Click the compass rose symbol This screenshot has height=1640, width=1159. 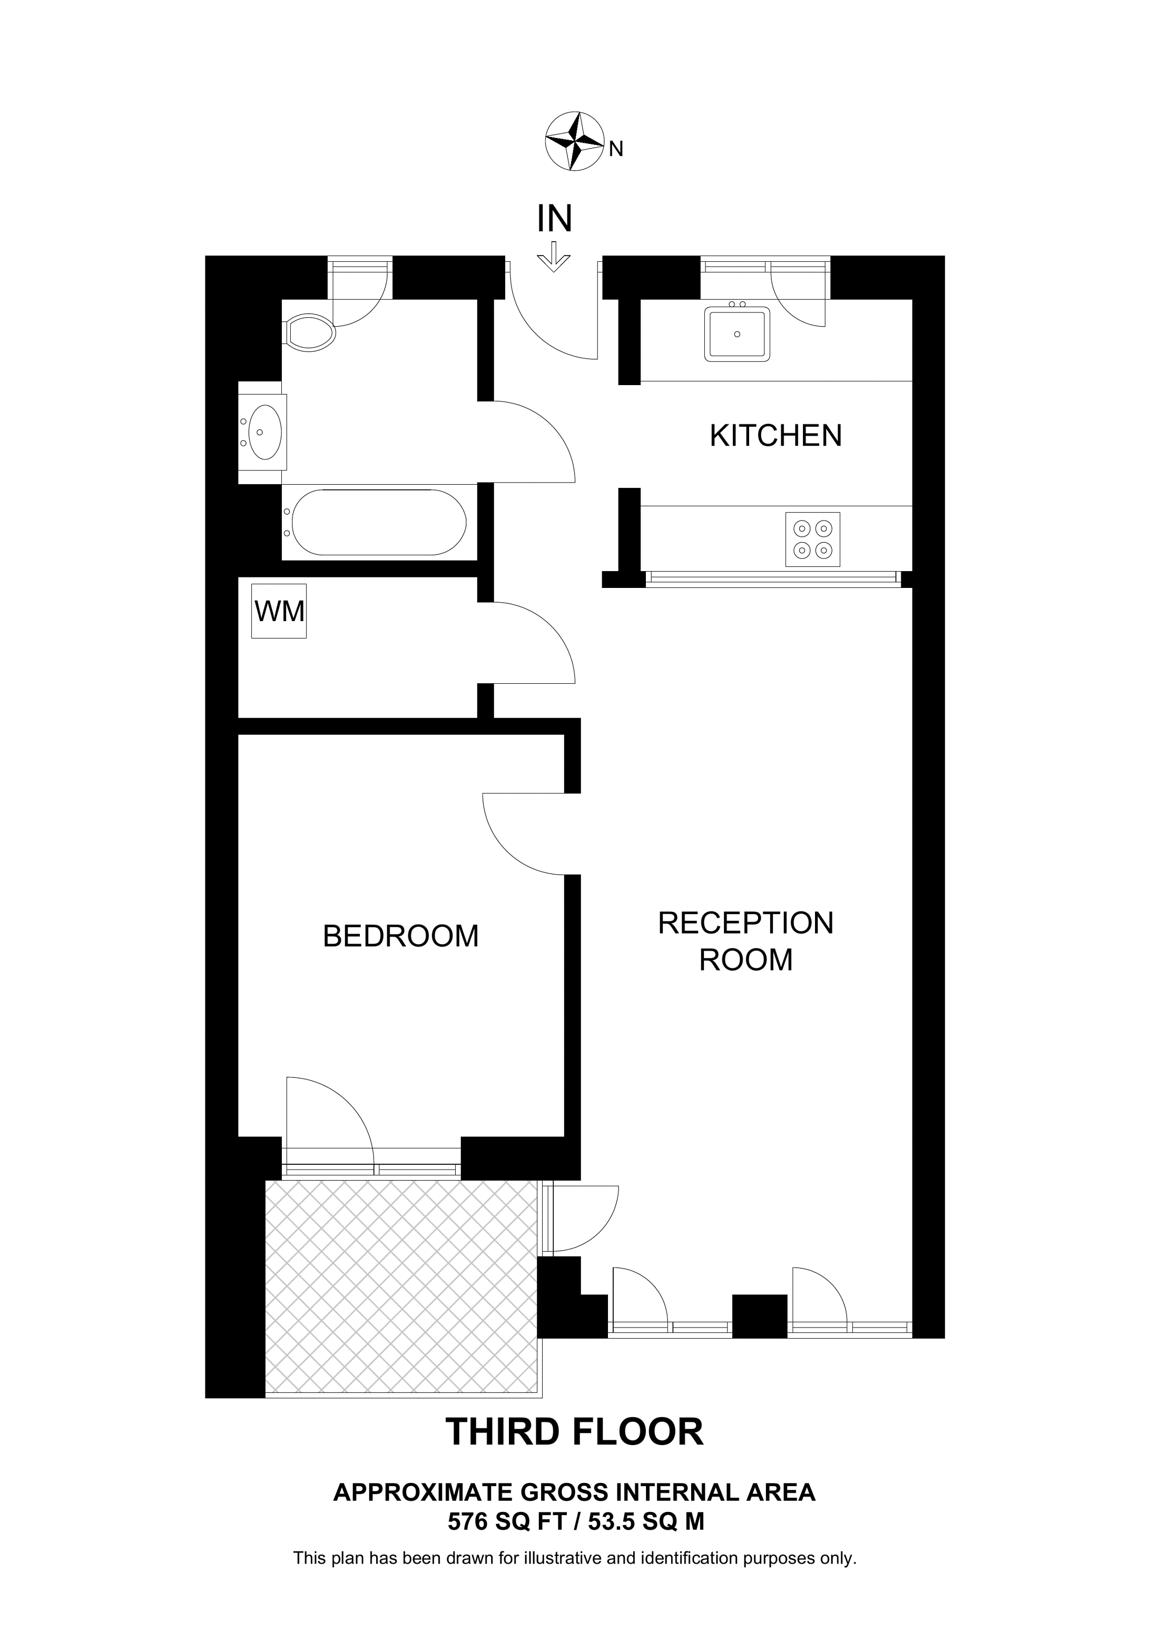point(574,141)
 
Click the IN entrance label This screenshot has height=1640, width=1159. point(554,219)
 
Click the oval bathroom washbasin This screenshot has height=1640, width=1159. point(265,431)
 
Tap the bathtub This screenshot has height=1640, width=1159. point(378,522)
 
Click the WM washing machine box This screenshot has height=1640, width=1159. point(279,612)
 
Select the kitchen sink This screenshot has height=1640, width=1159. point(737,333)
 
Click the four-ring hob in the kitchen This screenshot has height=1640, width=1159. point(813,539)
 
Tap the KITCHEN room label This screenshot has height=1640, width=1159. point(775,435)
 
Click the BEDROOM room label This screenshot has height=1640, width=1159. point(400,936)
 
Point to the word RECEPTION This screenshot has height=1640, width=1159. point(745,923)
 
